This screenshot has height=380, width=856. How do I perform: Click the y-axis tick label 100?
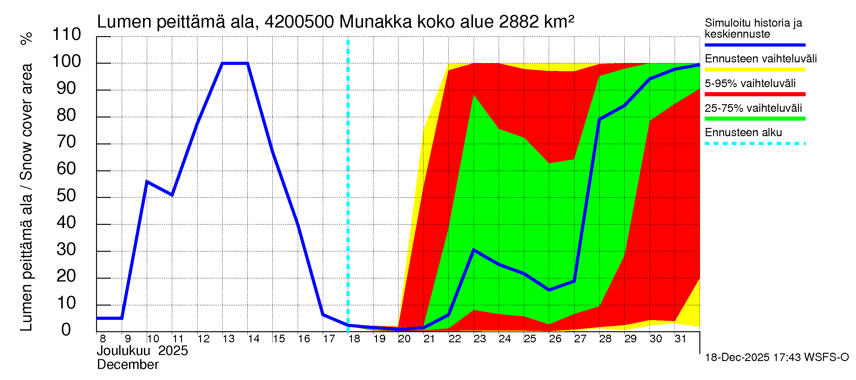click(x=67, y=61)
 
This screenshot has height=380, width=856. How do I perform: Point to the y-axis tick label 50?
click(x=67, y=196)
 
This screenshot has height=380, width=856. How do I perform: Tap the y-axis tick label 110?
click(x=67, y=35)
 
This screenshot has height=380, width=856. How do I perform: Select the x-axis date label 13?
click(x=229, y=339)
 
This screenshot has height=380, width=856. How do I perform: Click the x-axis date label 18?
click(x=354, y=339)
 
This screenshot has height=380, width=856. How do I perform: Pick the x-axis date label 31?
click(x=680, y=339)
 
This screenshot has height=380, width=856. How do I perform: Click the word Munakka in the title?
click(x=375, y=22)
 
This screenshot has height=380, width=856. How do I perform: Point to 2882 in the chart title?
click(x=519, y=22)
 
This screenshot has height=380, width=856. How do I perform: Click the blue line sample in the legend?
click(x=755, y=45)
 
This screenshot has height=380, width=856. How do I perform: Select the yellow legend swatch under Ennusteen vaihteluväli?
click(x=755, y=70)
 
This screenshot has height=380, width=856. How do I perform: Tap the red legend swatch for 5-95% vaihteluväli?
click(x=755, y=94)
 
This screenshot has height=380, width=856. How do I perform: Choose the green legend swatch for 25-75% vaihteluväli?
click(x=755, y=119)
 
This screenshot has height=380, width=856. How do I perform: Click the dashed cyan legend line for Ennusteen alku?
click(x=755, y=144)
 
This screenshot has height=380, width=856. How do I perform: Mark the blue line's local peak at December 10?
click(x=147, y=181)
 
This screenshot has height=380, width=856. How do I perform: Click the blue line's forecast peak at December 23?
click(x=474, y=250)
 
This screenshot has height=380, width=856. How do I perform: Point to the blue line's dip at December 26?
click(x=549, y=290)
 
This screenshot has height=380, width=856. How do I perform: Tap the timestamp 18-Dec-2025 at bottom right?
click(x=737, y=358)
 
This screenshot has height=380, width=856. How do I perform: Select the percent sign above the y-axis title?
click(x=27, y=38)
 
